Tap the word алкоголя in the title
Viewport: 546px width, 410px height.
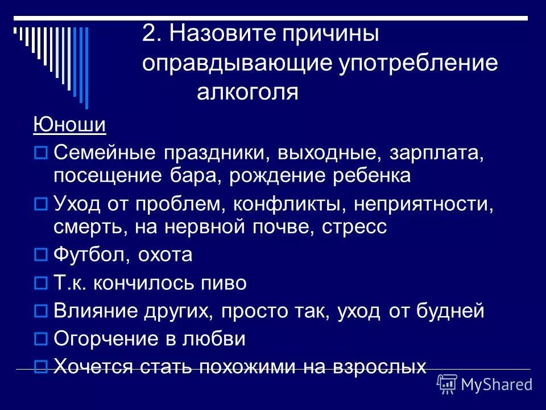pyautogui.click(x=247, y=92)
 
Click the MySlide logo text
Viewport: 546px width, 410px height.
pyautogui.click(x=496, y=384)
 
